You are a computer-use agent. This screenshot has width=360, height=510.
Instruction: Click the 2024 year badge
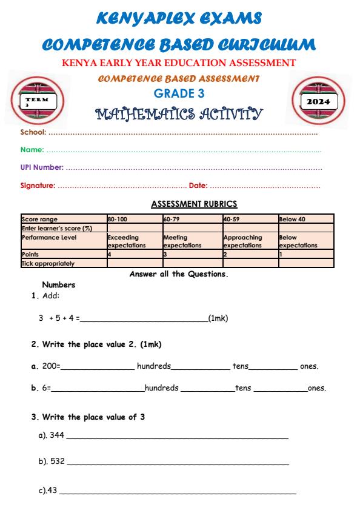pyautogui.click(x=319, y=101)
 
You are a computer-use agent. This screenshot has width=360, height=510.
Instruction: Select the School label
pyautogui.click(x=33, y=132)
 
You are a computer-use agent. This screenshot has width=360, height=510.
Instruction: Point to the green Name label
pyautogui.click(x=32, y=149)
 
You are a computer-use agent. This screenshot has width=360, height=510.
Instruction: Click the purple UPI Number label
pyautogui.click(x=42, y=167)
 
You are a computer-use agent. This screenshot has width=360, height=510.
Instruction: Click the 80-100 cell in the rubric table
pyautogui.click(x=116, y=219)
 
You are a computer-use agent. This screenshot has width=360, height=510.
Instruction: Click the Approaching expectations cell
pyautogui.click(x=242, y=241)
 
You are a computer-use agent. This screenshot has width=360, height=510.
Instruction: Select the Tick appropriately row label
pyautogui.click(x=48, y=264)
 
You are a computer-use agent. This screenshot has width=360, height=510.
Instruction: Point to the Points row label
pyautogui.click(x=30, y=255)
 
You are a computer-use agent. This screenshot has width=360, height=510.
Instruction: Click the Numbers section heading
pyautogui.click(x=58, y=284)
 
